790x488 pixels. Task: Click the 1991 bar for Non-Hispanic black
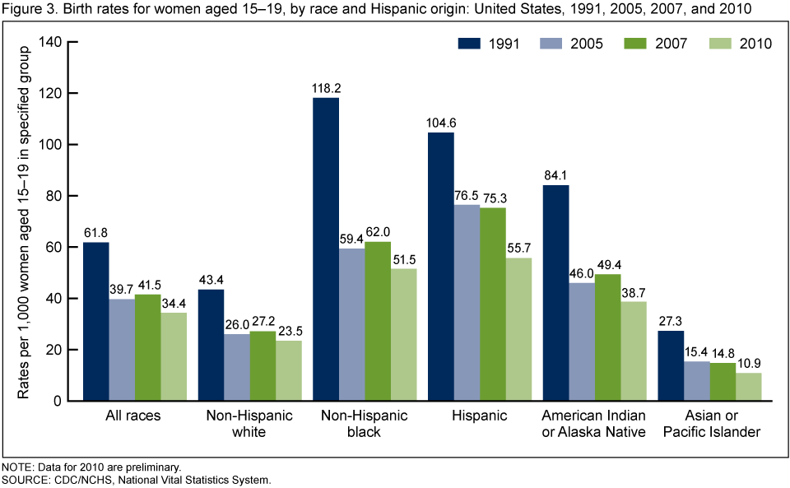click(326, 249)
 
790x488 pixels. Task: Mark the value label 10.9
click(750, 361)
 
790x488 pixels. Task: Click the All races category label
click(135, 416)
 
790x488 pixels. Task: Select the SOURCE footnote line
click(136, 479)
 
